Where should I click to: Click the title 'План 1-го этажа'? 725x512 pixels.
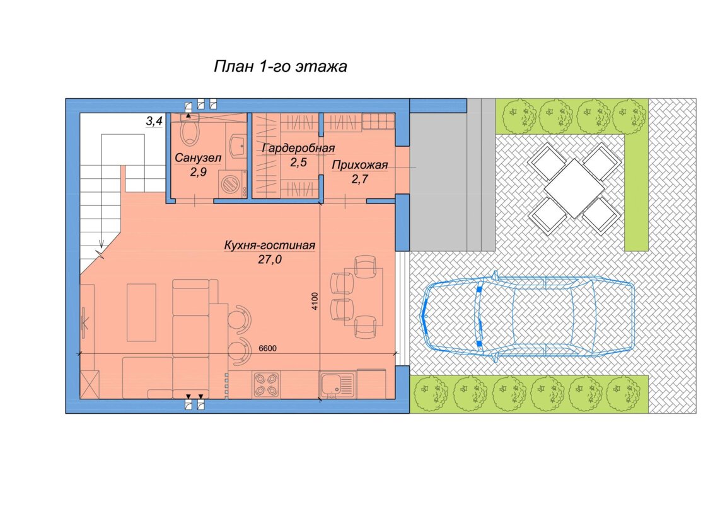pos(280,67)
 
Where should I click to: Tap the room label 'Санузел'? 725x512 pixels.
pos(198,158)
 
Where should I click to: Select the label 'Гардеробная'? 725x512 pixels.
pos(298,148)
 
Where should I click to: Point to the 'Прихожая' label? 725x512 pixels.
pos(360,165)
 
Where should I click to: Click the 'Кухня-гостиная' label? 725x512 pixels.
pos(270,245)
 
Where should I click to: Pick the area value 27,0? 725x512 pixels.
pos(270,259)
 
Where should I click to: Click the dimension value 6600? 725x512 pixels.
pos(268,348)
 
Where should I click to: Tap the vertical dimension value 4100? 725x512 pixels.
pos(315,300)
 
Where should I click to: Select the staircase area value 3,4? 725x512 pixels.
pos(154,122)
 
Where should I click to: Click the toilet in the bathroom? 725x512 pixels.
pos(188,129)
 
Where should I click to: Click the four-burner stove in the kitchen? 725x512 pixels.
pos(266,385)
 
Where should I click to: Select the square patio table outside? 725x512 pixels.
pos(574,189)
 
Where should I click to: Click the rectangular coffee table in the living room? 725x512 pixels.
pos(141,312)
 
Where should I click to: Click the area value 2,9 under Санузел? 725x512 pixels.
pos(198,172)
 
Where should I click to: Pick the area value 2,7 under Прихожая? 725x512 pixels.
pos(360,179)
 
